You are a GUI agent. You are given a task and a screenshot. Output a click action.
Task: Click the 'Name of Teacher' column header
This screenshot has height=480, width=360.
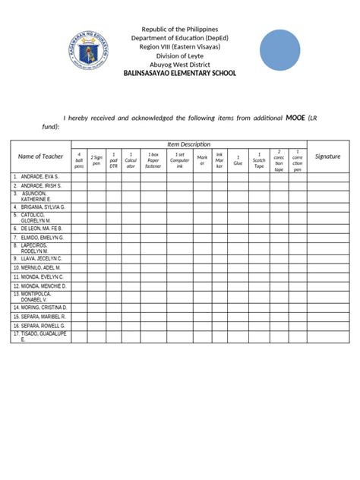(40, 156)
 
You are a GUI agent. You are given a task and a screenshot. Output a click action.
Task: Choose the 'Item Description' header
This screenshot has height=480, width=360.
(189, 144)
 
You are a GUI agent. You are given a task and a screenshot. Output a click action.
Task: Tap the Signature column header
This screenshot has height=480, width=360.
(327, 156)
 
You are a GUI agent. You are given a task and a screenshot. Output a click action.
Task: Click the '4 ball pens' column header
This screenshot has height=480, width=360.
(79, 160)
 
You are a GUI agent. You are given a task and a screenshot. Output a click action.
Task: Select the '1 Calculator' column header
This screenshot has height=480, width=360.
(131, 160)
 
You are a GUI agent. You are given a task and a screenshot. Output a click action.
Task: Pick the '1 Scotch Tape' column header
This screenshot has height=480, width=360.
(259, 160)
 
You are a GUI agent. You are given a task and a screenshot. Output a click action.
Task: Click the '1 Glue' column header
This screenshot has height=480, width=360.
(238, 160)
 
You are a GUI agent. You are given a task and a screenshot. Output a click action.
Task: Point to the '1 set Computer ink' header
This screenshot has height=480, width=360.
(180, 160)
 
